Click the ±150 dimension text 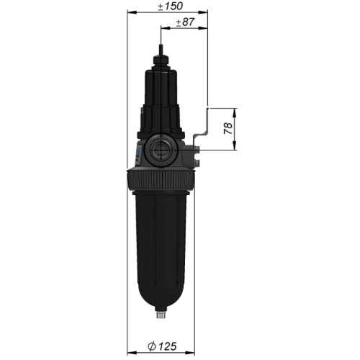(171, 6)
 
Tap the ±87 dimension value (185, 22)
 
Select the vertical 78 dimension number (228, 128)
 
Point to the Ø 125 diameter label (162, 346)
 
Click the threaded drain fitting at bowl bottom (161, 314)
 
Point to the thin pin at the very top (161, 50)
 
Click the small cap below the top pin (161, 60)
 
